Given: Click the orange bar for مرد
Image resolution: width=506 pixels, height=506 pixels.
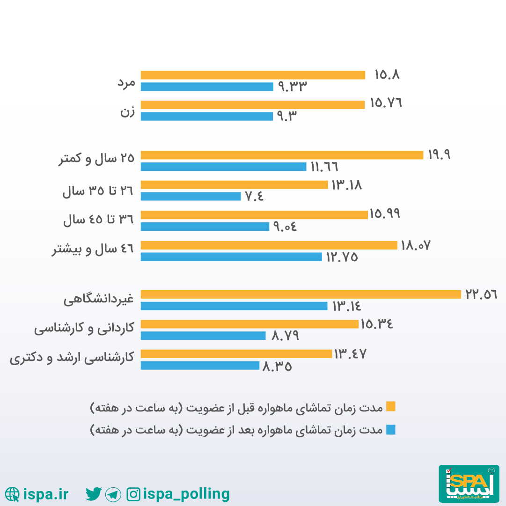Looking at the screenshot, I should pyautogui.click(x=253, y=75).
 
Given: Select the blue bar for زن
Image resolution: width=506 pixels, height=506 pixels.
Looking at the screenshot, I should pyautogui.click(x=206, y=117).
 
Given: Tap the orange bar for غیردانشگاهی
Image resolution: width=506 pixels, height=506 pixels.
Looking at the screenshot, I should pyautogui.click(x=301, y=294).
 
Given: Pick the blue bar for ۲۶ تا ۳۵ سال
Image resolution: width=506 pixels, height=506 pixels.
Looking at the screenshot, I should pyautogui.click(x=191, y=197).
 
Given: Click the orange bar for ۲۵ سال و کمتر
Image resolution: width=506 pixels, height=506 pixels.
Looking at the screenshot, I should pyautogui.click(x=282, y=155).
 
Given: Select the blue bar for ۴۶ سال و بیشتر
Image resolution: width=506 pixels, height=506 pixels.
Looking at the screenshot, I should pyautogui.click(x=231, y=257).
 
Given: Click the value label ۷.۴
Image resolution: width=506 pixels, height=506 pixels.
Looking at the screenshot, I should pyautogui.click(x=255, y=197).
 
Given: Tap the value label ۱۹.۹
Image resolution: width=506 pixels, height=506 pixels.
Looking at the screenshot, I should pyautogui.click(x=439, y=155).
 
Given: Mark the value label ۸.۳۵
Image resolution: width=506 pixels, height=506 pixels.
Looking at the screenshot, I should pyautogui.click(x=277, y=366).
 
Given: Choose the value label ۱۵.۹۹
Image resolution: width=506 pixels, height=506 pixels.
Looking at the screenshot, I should pyautogui.click(x=385, y=214).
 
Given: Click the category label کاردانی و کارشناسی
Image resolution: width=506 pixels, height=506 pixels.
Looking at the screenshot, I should pyautogui.click(x=84, y=329).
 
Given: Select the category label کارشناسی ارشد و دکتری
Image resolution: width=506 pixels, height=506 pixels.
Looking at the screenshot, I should pyautogui.click(x=72, y=358).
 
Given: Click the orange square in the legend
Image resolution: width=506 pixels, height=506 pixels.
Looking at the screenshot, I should pyautogui.click(x=390, y=406).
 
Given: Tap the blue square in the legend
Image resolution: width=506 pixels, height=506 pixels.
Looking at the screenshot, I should pyautogui.click(x=390, y=430).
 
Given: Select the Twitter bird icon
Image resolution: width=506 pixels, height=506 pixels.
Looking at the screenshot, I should pyautogui.click(x=94, y=493).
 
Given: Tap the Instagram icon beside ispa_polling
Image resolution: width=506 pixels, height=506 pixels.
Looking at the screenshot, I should pyautogui.click(x=133, y=494).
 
